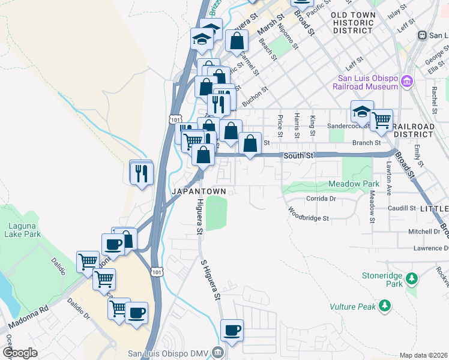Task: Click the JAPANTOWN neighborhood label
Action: click(x=199, y=191)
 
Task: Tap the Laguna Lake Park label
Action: click(x=20, y=230)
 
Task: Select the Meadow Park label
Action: click(x=354, y=183)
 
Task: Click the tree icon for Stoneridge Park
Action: click(x=412, y=278)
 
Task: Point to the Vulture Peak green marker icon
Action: click(x=384, y=307)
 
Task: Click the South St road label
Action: click(x=299, y=155)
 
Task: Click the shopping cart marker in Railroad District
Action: click(x=382, y=121)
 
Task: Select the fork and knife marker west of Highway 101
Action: click(x=142, y=173)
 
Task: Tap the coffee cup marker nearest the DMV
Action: click(x=232, y=330)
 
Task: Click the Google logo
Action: click(x=20, y=353)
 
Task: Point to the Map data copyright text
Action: click(x=423, y=355)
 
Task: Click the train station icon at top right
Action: click(x=423, y=35)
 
